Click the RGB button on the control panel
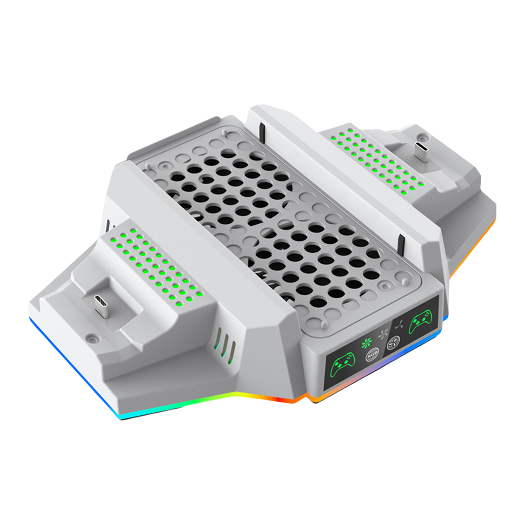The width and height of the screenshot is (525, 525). click(372, 354)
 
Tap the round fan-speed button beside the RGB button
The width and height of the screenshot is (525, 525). click(393, 343)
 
